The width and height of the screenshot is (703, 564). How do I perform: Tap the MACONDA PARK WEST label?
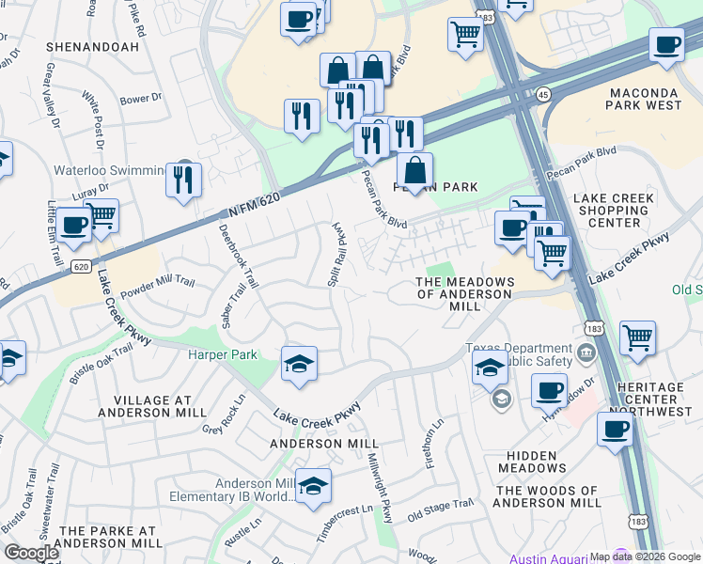click(x=645, y=99)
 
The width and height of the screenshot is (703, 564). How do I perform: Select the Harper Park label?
click(x=222, y=354)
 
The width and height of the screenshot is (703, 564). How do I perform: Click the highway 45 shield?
click(x=543, y=93)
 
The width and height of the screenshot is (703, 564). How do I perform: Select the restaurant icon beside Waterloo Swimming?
click(x=183, y=180)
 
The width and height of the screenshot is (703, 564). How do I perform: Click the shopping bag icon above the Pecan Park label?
click(x=414, y=172)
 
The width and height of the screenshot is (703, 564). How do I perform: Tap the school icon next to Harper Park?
click(x=299, y=364)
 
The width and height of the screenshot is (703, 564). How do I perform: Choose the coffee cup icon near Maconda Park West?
click(x=667, y=45)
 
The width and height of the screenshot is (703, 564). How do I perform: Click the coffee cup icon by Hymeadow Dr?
click(x=549, y=389)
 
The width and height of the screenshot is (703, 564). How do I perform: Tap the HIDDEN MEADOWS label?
click(x=532, y=462)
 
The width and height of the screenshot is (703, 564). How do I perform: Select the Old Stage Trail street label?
click(x=440, y=511)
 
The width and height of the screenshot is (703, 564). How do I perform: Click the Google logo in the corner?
click(x=31, y=553)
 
